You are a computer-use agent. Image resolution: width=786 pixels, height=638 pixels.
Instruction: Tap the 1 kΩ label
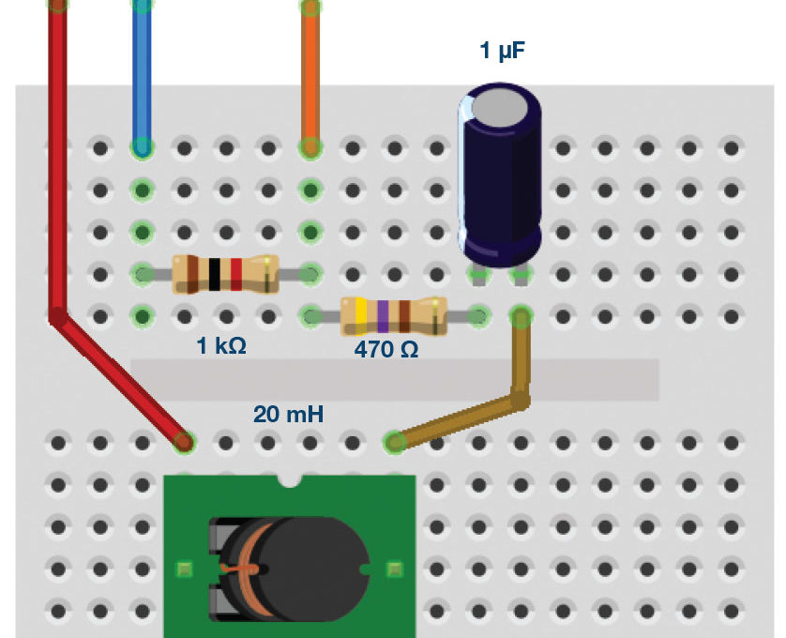point(220,346)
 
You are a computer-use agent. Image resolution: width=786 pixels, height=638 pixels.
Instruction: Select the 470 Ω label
point(385,350)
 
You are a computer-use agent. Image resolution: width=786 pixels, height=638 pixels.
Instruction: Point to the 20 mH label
point(288,414)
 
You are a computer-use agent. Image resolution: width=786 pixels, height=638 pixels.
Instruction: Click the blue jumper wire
point(142,75)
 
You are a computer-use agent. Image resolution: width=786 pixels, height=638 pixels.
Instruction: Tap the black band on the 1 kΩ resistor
point(215,273)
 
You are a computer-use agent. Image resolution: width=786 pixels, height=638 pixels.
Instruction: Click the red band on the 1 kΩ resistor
point(236,273)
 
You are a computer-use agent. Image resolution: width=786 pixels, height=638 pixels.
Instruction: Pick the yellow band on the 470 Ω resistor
point(361,315)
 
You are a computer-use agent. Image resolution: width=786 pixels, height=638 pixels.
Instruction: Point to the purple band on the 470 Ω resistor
point(383,315)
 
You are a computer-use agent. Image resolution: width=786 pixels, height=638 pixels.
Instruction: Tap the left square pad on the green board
point(184,569)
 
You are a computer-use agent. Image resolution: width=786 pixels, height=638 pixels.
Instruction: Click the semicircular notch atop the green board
point(290,480)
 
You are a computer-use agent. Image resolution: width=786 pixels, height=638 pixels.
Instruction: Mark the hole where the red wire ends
point(185,440)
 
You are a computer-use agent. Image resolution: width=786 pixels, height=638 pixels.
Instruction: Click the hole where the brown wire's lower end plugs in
point(395,440)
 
